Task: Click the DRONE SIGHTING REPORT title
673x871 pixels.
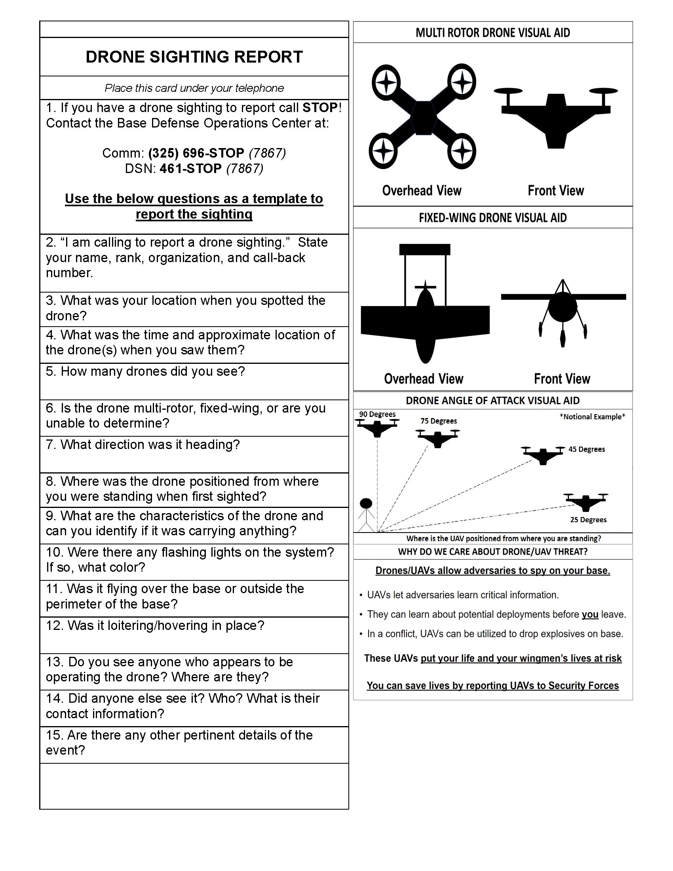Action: [x=194, y=57]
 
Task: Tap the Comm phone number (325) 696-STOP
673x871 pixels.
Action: [x=196, y=153]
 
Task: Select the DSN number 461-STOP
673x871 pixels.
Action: [x=190, y=169]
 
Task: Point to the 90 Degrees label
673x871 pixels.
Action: [x=377, y=415]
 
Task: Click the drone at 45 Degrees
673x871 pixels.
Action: [x=543, y=455]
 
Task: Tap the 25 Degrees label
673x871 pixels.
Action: [x=588, y=520]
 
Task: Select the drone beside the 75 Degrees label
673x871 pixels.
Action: [x=437, y=437]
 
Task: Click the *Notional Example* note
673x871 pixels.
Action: [x=592, y=417]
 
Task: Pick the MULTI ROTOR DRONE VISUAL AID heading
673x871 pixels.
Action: [x=493, y=33]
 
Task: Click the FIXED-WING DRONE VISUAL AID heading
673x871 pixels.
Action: [x=493, y=218]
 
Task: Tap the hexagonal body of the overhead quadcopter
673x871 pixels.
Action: [x=424, y=117]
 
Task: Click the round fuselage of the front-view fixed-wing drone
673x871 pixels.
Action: [x=562, y=307]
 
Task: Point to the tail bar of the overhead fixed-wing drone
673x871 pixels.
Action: [x=425, y=250]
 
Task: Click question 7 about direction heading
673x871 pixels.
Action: [x=143, y=445]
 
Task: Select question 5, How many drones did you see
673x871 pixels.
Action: [x=145, y=371]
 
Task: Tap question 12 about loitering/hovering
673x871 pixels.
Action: [x=155, y=625]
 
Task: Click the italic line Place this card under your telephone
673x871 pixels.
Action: [x=194, y=88]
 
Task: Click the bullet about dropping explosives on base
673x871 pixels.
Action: [x=495, y=634]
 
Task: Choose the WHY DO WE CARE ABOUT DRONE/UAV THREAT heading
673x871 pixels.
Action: [x=493, y=552]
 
